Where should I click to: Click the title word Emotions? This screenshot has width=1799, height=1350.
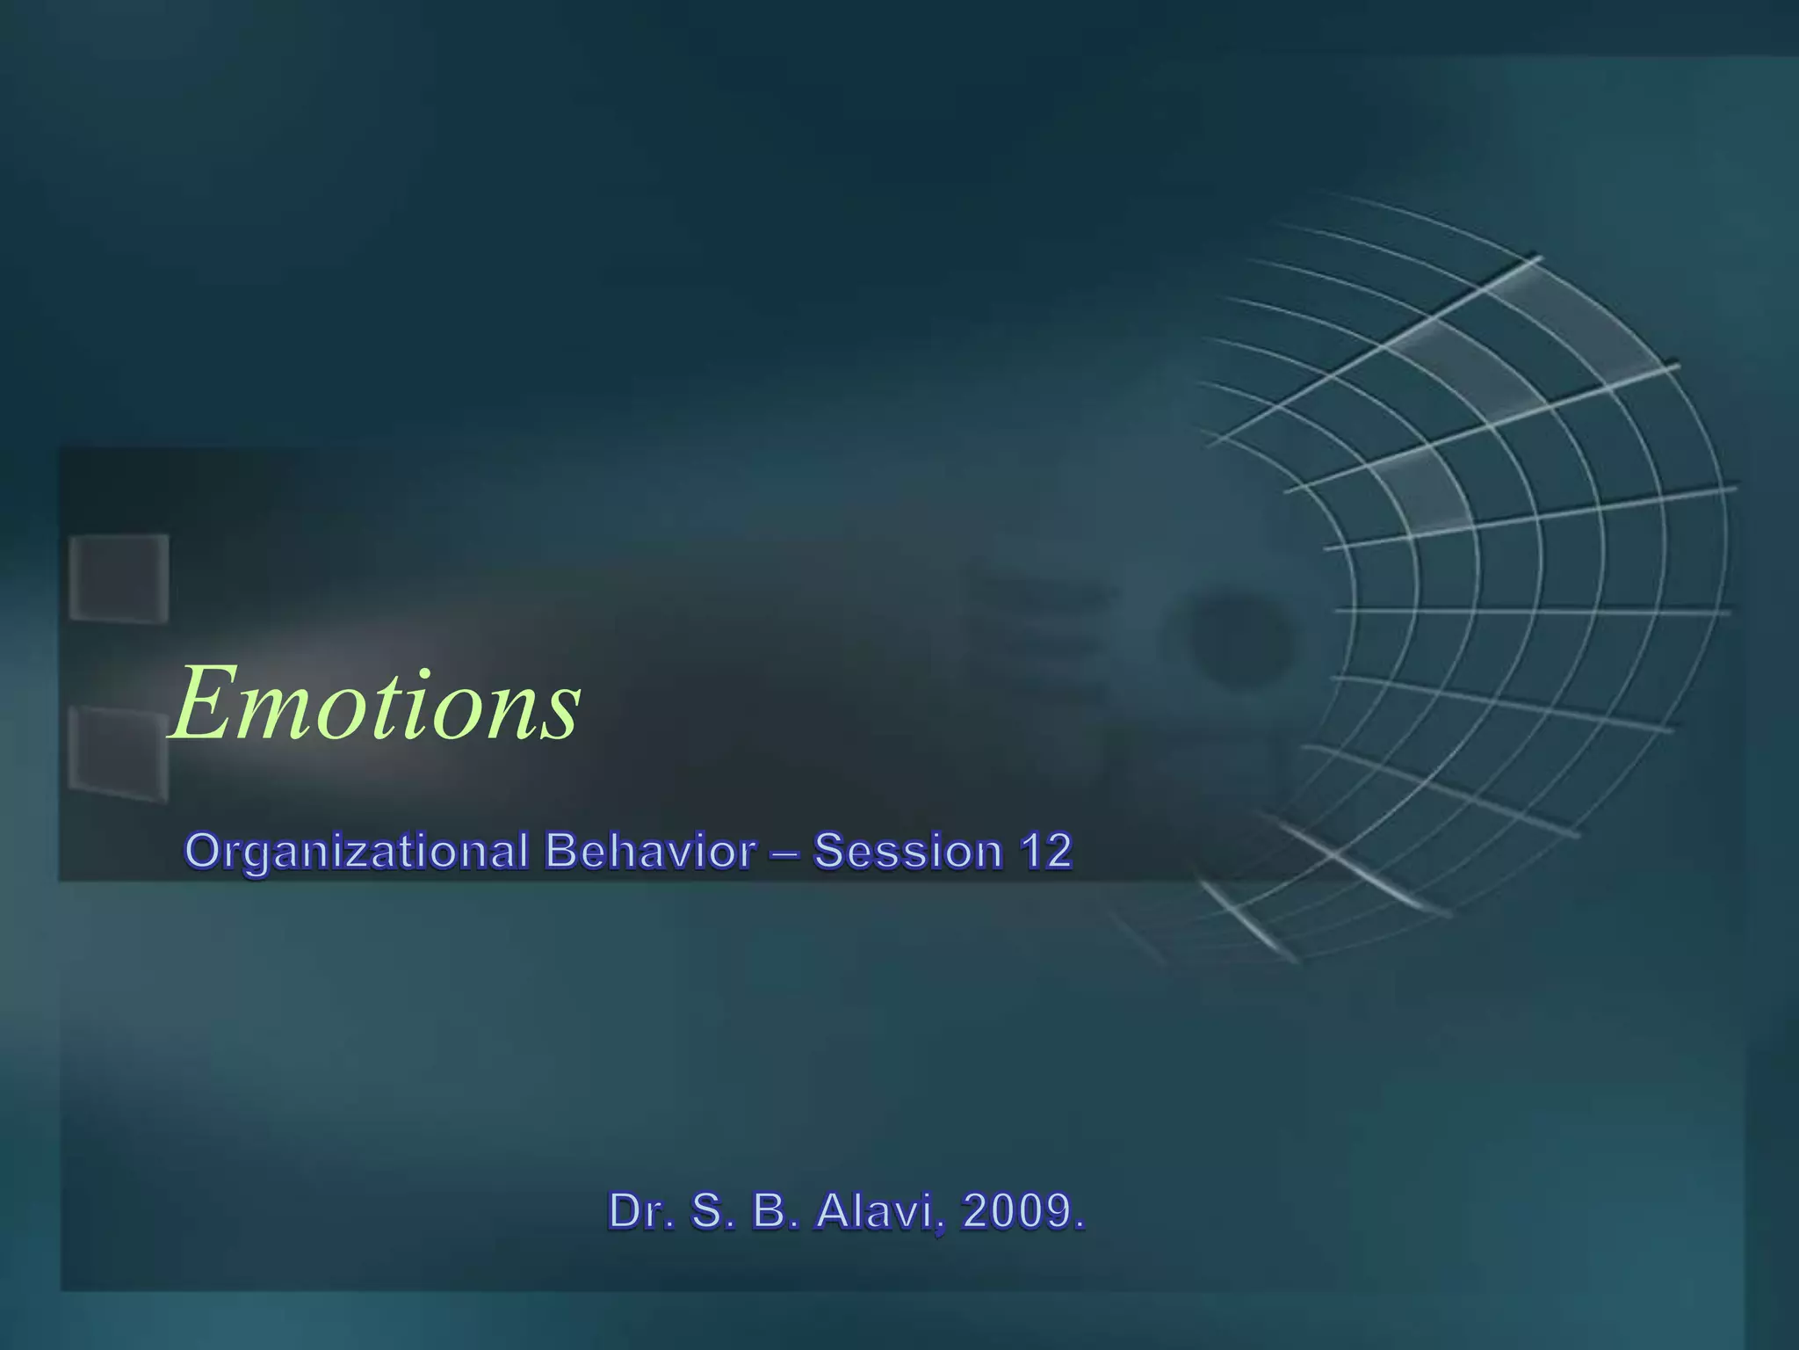point(376,704)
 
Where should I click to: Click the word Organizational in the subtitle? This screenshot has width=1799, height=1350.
point(357,853)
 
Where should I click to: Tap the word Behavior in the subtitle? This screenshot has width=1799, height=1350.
point(649,851)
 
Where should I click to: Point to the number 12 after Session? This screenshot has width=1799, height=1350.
point(1045,851)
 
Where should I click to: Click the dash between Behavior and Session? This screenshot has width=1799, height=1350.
point(784,853)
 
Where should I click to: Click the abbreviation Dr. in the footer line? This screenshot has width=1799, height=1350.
point(640,1211)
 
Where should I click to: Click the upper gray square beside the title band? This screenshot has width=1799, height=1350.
point(119,578)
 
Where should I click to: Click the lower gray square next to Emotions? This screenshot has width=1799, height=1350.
point(118,753)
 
